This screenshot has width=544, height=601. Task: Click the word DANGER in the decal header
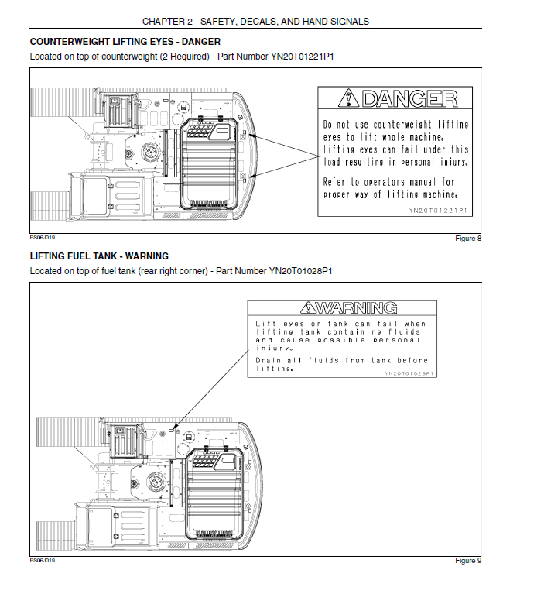410,98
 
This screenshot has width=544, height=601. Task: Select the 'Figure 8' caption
468,239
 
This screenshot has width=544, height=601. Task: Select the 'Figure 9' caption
468,561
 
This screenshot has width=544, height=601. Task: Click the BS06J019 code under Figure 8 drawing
43,238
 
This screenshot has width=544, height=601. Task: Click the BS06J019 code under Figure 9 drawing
43,560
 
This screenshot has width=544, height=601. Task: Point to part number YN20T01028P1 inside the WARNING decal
409,373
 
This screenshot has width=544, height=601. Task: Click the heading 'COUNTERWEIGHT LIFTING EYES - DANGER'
125,42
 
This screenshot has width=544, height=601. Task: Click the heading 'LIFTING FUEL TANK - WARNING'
99,256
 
